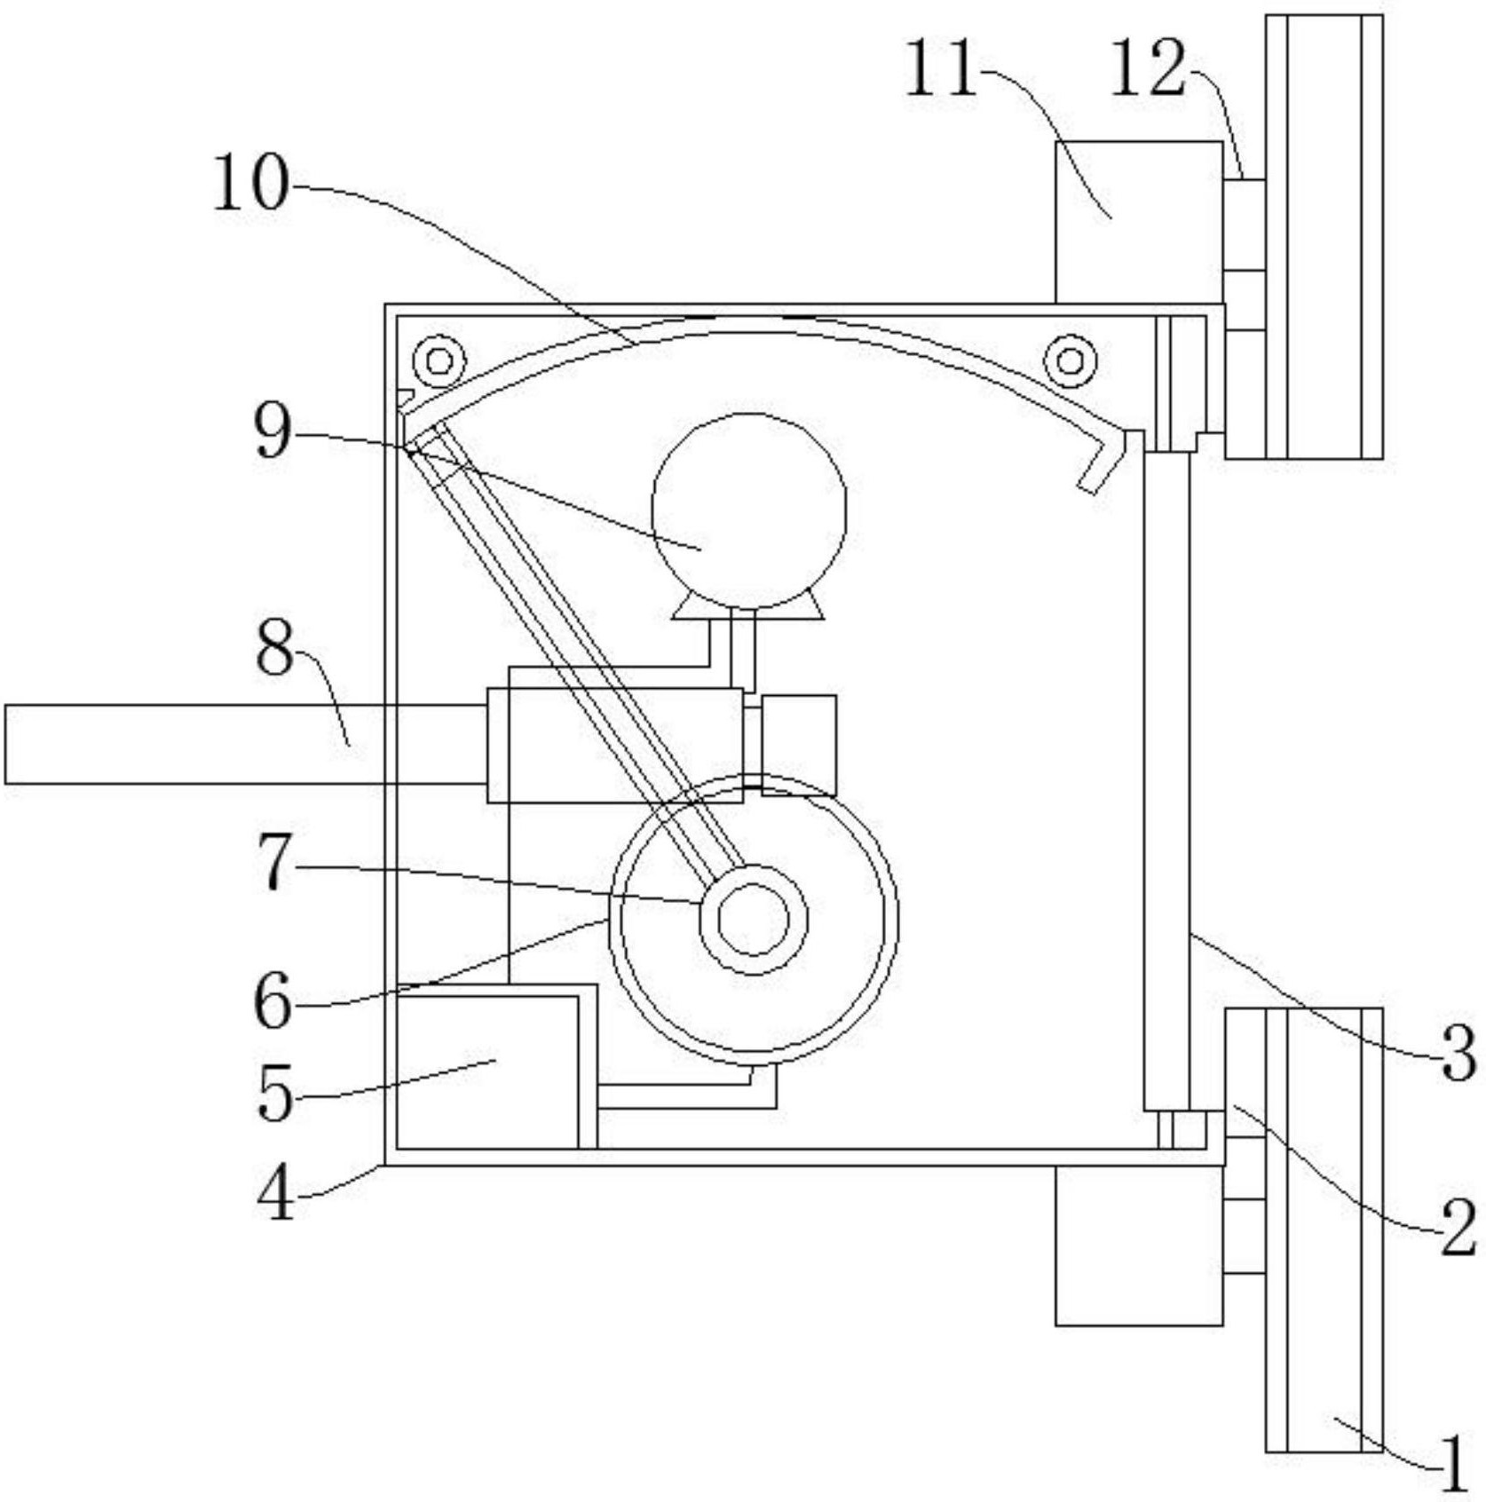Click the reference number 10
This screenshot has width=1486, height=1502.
[251, 182]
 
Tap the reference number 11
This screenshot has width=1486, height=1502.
[941, 68]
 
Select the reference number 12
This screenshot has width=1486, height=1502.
[1147, 68]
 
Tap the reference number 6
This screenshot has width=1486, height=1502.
[273, 1000]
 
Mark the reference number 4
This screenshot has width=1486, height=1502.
[275, 1192]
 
